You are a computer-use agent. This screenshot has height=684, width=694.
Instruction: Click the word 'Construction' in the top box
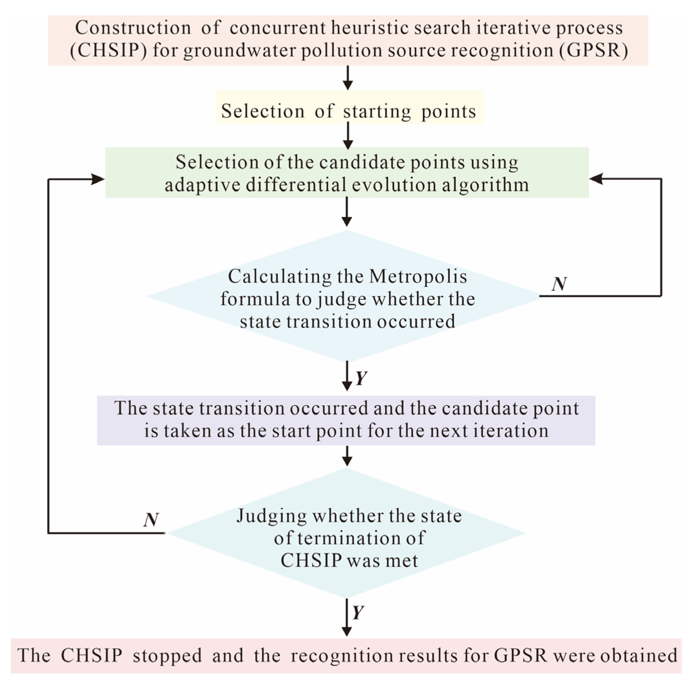[x=133, y=28]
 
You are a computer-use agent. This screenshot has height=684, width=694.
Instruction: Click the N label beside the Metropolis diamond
[x=559, y=284]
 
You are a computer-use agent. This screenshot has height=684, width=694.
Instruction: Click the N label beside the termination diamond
[x=151, y=520]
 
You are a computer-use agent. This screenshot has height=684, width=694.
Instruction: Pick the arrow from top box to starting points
[x=347, y=78]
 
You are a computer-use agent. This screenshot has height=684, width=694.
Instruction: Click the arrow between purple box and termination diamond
[x=347, y=456]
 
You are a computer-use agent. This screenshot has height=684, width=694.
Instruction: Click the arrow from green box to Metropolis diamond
[x=347, y=212]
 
